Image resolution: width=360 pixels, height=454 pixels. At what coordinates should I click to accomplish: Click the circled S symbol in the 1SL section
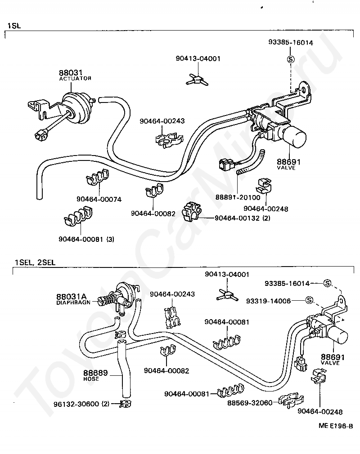pos(290,59)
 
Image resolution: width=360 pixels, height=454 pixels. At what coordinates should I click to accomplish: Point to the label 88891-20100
pos(238,197)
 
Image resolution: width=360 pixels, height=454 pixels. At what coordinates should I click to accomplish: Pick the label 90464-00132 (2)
pos(242,218)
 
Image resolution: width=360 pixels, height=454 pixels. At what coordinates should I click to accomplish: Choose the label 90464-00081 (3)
pos(86,239)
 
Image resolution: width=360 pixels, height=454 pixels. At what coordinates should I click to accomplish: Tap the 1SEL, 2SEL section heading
pos(35,262)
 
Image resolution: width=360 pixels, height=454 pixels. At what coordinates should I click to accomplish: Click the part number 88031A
pos(71,296)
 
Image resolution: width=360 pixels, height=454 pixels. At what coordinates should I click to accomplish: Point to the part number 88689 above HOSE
pos(95,373)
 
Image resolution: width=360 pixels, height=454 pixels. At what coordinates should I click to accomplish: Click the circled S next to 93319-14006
pos(309,300)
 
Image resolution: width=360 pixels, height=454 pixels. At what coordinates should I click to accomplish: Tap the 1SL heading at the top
pos(13,26)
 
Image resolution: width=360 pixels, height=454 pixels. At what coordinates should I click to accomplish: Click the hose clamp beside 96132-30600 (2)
pos(124,403)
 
